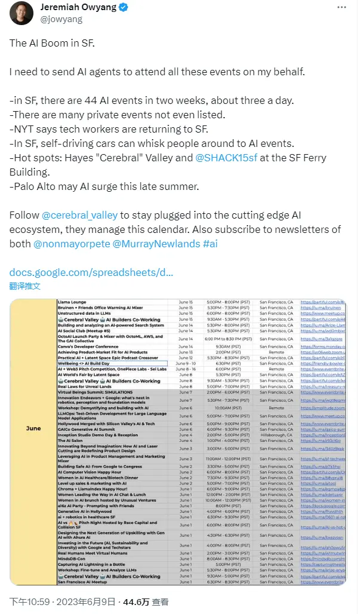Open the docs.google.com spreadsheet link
click(91, 272)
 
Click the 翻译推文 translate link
click(25, 286)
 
